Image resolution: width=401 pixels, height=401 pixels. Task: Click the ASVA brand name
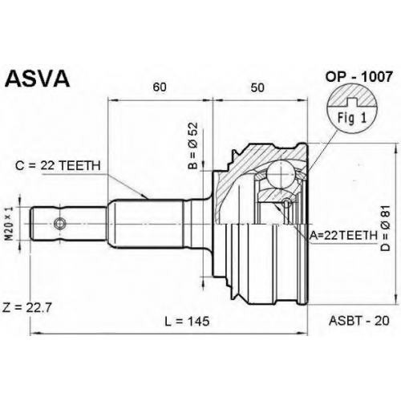tap(38, 79)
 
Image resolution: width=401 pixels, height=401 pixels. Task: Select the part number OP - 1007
tap(358, 77)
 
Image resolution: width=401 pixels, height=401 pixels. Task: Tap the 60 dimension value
tap(160, 87)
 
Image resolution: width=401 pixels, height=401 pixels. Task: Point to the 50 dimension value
tap(257, 87)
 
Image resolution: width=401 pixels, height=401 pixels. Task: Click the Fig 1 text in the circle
tap(351, 118)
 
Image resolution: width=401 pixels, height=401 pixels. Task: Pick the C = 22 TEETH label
tap(58, 165)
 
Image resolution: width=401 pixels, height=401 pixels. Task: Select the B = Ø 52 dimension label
tap(193, 146)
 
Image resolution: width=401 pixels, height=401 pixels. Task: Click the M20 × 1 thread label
tap(10, 223)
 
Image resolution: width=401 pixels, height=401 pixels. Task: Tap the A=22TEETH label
tap(343, 236)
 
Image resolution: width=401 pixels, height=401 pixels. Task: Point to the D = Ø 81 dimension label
tap(386, 229)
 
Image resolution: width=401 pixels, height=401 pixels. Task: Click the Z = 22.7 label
tap(26, 308)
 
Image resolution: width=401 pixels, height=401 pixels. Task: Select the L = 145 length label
tap(187, 321)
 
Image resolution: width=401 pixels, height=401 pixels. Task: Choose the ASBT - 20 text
tap(359, 321)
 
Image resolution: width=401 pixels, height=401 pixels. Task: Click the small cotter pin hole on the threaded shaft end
tap(59, 223)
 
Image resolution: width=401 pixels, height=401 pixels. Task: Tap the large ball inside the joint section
tap(281, 175)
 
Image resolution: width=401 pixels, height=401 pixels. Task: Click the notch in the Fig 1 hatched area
tap(352, 102)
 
